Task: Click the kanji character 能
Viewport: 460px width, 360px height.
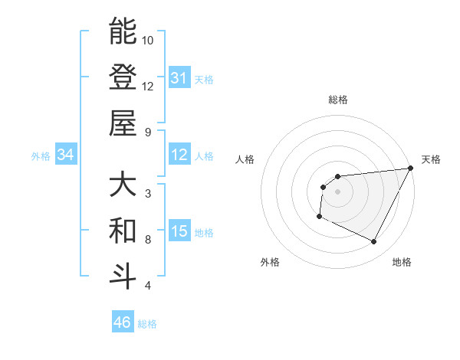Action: tap(123, 31)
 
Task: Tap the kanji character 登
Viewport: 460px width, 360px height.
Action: tap(123, 77)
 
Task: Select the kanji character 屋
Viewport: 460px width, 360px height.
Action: tap(123, 123)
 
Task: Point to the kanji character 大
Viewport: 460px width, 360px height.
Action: tap(123, 185)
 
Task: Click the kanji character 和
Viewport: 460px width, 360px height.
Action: tap(123, 231)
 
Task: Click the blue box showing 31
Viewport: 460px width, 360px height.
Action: tap(179, 78)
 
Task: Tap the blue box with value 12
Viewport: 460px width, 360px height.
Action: tap(179, 155)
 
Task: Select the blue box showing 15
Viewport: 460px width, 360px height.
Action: tap(179, 232)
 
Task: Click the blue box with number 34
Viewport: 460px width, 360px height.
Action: tap(65, 155)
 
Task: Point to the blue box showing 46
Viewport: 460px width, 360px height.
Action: tap(123, 323)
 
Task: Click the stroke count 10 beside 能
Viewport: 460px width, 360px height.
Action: tap(148, 40)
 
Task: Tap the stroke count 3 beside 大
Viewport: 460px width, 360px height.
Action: tap(148, 193)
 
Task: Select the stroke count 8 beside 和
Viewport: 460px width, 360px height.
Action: tap(148, 240)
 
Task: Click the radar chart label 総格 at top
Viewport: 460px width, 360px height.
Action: tap(337, 100)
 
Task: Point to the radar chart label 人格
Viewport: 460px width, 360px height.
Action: tap(245, 159)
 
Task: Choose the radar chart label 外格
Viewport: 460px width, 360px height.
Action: tap(269, 263)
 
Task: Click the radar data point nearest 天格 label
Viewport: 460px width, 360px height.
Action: tap(412, 168)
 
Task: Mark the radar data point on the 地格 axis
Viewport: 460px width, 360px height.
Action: tap(374, 242)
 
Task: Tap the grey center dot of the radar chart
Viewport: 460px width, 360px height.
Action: tap(337, 191)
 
